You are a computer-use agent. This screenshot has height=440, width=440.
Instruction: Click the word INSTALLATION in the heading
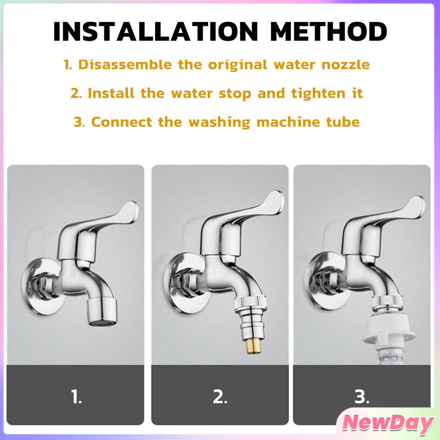[156, 31]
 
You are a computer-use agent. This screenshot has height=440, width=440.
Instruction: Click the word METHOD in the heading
[329, 31]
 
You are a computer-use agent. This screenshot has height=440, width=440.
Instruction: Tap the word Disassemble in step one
[125, 64]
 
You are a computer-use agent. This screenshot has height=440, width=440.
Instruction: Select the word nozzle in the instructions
[345, 65]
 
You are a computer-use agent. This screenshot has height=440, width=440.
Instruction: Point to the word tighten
[318, 93]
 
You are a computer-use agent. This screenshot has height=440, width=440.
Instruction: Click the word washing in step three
[219, 122]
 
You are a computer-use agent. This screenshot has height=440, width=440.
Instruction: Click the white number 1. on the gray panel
[76, 397]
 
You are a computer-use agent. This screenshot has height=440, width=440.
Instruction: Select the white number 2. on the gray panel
[220, 397]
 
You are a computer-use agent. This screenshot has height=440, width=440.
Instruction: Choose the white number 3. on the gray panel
[362, 397]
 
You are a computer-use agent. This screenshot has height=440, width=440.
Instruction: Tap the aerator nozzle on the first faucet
[101, 312]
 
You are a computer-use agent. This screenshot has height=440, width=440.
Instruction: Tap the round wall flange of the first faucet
[42, 286]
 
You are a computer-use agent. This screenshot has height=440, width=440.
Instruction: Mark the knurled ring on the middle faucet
[250, 302]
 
